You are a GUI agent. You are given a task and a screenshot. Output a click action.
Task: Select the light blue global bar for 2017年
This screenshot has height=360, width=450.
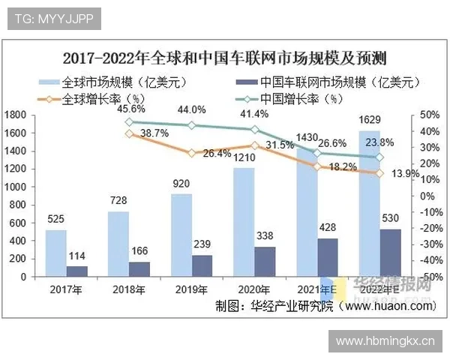(x=55, y=253)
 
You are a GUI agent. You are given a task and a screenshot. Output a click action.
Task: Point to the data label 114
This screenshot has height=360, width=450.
(x=76, y=256)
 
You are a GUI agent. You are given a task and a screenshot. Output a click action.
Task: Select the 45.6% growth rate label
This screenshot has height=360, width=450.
(x=132, y=109)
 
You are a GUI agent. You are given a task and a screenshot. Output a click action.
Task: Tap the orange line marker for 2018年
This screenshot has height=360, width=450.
(x=128, y=133)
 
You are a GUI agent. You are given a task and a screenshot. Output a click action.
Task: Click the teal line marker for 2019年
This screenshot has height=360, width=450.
(x=192, y=126)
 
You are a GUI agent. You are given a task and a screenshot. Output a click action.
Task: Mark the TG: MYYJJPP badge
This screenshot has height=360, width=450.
(x=54, y=16)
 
